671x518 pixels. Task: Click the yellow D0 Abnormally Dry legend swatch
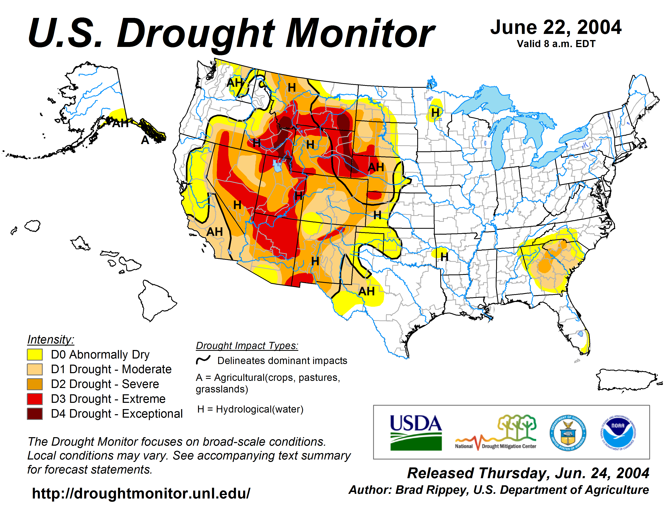click(35, 354)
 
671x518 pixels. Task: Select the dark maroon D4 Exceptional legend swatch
click(35, 414)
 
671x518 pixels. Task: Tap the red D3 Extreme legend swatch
click(35, 399)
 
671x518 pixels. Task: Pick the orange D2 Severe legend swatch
click(35, 384)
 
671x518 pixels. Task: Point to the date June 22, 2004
click(556, 28)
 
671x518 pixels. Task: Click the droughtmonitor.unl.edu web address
click(141, 493)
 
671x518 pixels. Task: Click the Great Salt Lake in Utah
click(277, 166)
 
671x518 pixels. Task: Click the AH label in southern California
click(215, 232)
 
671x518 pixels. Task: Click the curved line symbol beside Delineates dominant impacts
click(203, 360)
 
